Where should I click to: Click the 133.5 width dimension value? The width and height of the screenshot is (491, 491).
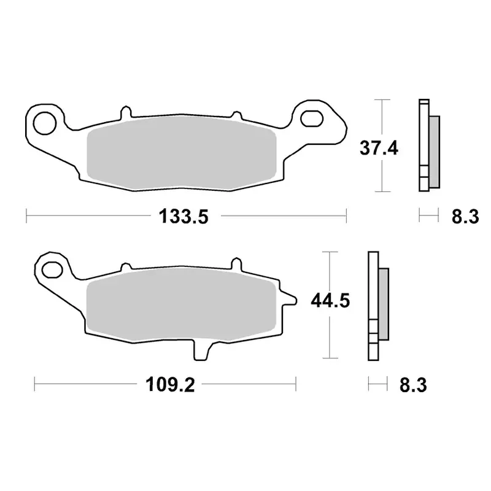[x=184, y=216]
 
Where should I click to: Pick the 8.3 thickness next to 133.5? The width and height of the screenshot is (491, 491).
[x=464, y=216]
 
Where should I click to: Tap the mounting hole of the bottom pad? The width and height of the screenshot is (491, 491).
[x=52, y=268]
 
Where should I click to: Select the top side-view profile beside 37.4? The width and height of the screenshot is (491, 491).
[x=428, y=145]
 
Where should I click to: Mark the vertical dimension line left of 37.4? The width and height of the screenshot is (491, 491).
[x=382, y=145]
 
